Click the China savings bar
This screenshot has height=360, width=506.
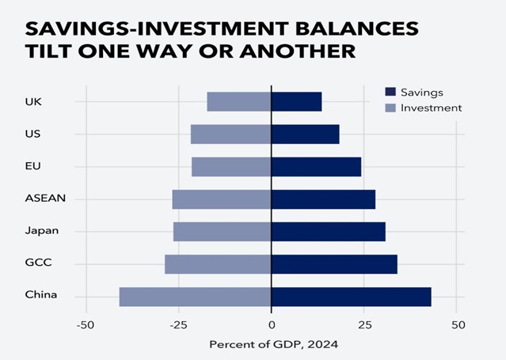coord(352,297)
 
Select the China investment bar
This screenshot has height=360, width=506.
coord(196,297)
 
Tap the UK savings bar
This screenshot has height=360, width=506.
coord(297,101)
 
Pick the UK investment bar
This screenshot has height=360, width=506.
coord(239,101)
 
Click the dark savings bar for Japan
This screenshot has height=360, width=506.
coord(329,232)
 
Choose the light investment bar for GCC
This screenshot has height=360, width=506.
coord(218,264)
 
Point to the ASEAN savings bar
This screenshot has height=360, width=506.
coord(323,199)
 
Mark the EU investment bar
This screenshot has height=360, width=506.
coord(231,167)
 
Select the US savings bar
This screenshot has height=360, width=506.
coord(306,135)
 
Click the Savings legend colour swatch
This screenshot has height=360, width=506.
coord(390,92)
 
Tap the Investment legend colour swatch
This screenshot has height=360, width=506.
coord(390,108)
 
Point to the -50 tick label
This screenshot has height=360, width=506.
coord(86,325)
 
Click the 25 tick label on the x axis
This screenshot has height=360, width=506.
coord(365,325)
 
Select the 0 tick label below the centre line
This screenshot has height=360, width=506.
coord(272,325)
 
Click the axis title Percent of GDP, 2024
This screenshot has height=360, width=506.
coord(274,345)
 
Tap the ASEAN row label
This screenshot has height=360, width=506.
coord(45,198)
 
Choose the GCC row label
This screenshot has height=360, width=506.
coord(38,262)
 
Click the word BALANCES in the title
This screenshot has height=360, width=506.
coord(357,28)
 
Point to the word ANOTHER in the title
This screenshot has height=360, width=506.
coord(298,51)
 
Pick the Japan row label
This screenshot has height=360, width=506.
coord(42,231)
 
